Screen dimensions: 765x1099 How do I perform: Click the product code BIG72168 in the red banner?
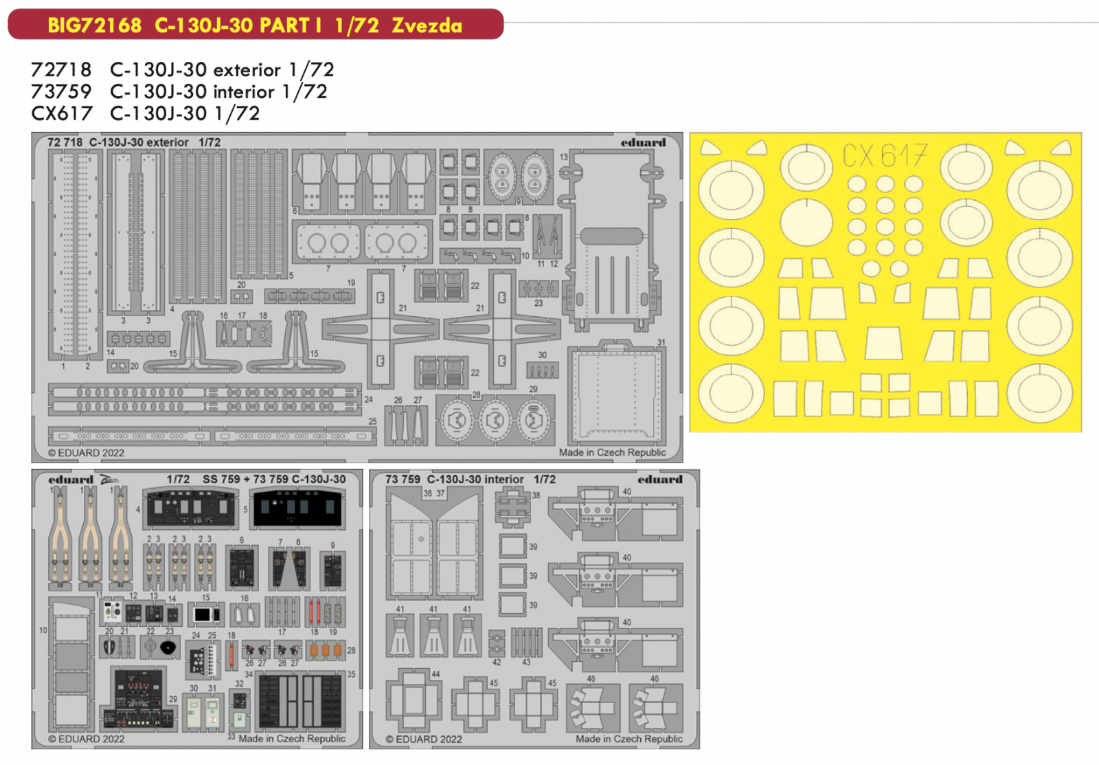tap(94, 25)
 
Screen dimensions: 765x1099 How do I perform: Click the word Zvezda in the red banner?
tap(427, 25)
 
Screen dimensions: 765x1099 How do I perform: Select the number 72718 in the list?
tap(61, 69)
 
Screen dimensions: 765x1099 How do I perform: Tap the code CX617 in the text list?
tap(61, 113)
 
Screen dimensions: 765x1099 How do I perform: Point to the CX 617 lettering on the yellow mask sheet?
tap(885, 156)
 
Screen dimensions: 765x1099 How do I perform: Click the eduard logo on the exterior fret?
tap(643, 143)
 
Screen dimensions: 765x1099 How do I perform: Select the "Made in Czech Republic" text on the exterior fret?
tap(612, 452)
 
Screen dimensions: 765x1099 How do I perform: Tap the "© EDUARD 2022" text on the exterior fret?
tap(87, 453)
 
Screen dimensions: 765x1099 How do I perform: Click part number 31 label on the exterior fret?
tap(661, 342)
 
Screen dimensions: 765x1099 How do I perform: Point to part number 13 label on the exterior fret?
tap(563, 157)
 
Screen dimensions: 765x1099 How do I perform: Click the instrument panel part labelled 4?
tap(188, 509)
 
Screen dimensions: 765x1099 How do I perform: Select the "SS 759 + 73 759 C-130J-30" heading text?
tap(273, 479)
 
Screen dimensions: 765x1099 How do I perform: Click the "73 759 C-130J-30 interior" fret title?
tap(454, 479)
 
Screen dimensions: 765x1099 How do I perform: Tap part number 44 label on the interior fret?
tap(435, 674)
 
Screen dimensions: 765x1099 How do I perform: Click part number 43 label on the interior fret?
tap(526, 663)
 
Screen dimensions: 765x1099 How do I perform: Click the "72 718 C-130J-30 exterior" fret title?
tap(118, 142)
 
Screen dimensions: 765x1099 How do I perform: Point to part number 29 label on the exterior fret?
tap(533, 389)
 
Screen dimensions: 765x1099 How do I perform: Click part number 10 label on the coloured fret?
tap(43, 630)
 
